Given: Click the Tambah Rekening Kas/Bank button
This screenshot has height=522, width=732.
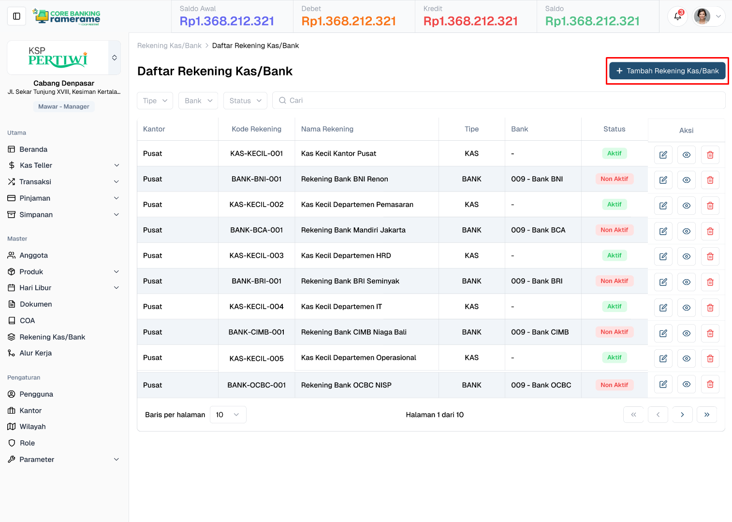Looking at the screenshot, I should tap(667, 71).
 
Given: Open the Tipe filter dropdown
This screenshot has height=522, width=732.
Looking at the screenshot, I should tap(155, 101).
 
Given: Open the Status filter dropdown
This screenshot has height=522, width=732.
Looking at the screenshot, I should tap(245, 101).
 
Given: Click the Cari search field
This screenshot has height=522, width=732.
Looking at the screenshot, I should tap(498, 101).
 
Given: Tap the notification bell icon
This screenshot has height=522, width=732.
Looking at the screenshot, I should tap(677, 16).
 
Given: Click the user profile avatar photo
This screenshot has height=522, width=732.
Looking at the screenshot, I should tap(702, 16).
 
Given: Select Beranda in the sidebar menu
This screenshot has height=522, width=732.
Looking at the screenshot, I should tap(33, 149).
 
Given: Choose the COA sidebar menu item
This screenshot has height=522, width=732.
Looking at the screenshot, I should tap(27, 321).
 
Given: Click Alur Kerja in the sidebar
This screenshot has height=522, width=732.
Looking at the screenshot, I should tap(35, 353).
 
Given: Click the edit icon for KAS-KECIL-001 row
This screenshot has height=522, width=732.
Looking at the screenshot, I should tap(663, 155).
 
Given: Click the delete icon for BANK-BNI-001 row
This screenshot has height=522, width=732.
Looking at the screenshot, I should tap(710, 180).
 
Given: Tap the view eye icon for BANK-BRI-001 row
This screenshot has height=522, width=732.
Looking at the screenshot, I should tap(686, 282).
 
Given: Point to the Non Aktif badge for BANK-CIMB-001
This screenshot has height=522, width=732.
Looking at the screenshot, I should tap(614, 332).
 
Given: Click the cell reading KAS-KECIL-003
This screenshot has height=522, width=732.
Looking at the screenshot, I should tap(256, 255).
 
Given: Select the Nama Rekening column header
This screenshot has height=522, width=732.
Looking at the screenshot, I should tap(327, 129).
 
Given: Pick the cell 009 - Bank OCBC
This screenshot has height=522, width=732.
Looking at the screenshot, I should tap(541, 385).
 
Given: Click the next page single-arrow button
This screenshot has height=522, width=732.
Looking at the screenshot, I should tap(682, 415).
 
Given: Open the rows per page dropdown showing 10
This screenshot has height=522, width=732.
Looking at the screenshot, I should tap(228, 415).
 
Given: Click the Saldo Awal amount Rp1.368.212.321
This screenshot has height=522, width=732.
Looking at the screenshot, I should tap(227, 21).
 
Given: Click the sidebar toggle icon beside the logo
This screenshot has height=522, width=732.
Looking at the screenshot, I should tap(16, 16).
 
